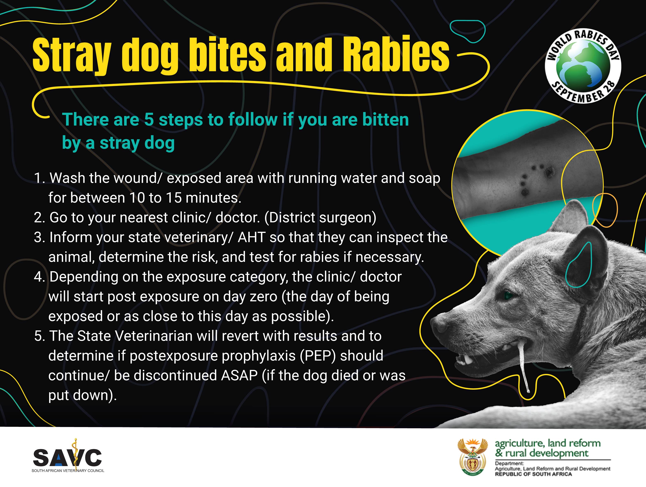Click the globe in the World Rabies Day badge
click(583, 67)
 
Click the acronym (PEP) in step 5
click(318, 356)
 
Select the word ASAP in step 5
click(239, 376)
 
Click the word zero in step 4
click(261, 297)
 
